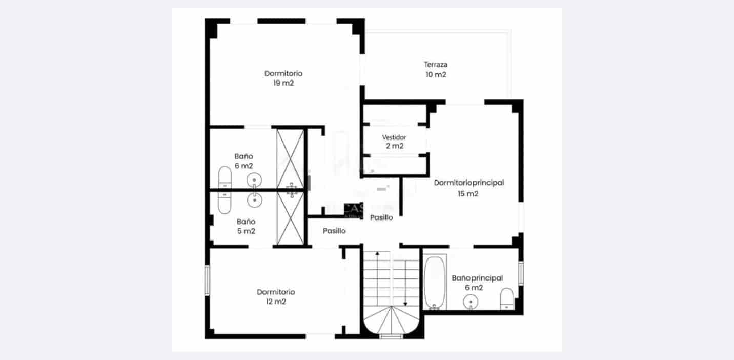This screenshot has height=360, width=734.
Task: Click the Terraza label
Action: click(x=436, y=65)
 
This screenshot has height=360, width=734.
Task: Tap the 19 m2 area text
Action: click(x=284, y=83)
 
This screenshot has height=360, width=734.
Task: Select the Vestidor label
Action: click(x=394, y=137)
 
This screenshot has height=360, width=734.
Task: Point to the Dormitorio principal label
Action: click(x=469, y=183)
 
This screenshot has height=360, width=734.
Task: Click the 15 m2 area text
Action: click(x=468, y=194)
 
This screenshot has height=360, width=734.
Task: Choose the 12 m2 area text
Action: click(x=276, y=302)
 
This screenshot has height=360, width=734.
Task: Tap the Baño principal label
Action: click(x=477, y=278)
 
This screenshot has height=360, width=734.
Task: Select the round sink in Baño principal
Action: click(x=470, y=303)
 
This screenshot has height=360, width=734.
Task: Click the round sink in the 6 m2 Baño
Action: click(x=255, y=179)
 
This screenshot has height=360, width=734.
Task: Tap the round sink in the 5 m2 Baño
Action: click(x=255, y=201)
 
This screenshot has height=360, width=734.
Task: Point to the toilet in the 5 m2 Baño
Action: click(x=225, y=203)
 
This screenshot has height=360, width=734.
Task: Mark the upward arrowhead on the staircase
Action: click(x=377, y=253)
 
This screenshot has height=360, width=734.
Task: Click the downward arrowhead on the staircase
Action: click(x=405, y=304)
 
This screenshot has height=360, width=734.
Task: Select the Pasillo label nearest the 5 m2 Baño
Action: click(x=334, y=231)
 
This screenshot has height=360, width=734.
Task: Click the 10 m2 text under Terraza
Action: click(x=436, y=75)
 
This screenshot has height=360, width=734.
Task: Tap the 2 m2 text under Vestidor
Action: click(x=394, y=146)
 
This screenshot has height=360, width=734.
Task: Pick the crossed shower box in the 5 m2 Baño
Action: click(x=291, y=218)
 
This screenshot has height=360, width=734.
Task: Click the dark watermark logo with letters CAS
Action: click(x=353, y=208)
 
